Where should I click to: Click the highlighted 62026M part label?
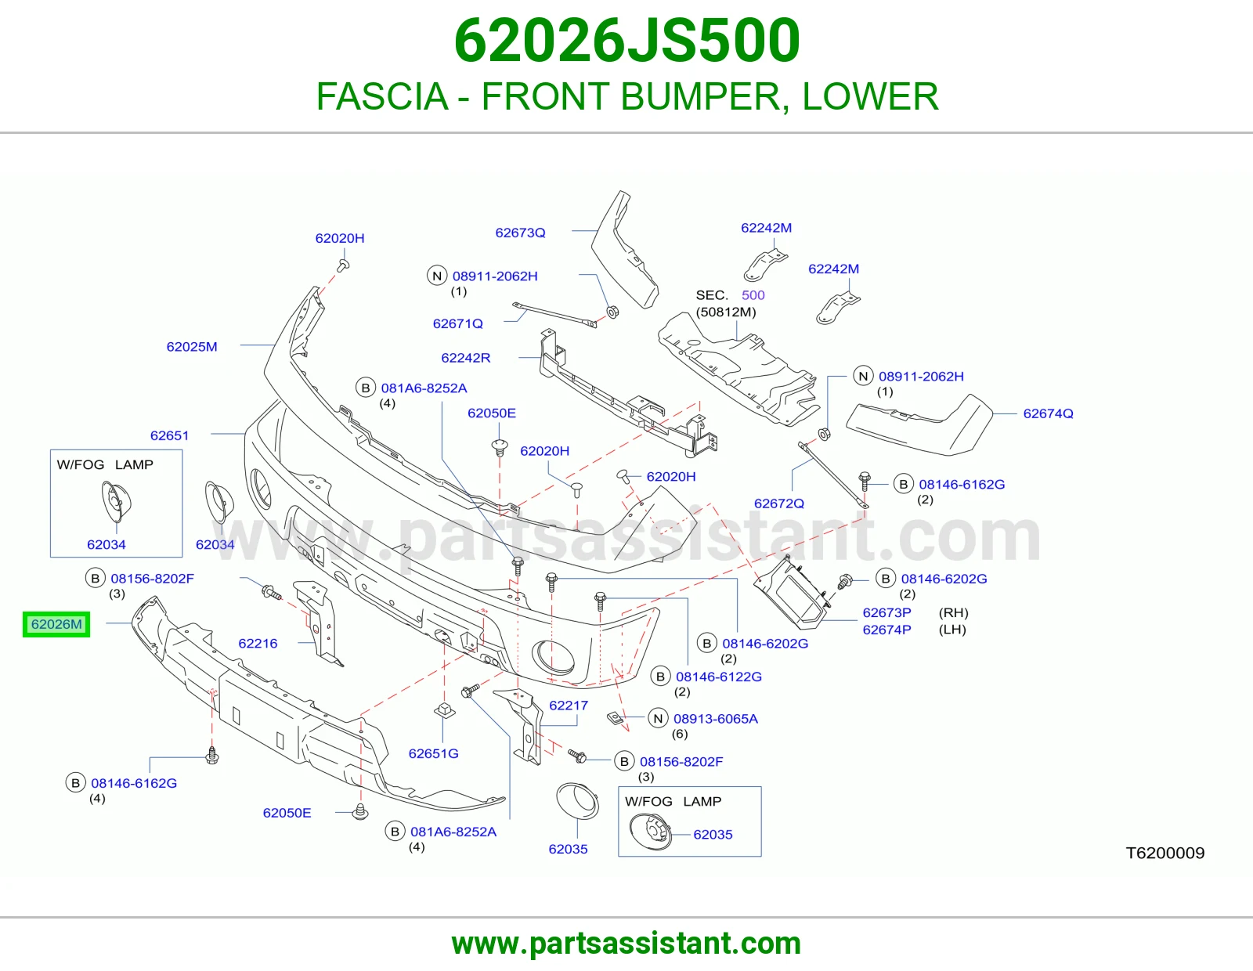click(56, 624)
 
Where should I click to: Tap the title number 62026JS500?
click(626, 41)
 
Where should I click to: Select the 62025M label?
click(192, 347)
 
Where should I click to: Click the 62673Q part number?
click(520, 233)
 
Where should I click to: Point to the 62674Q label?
click(1048, 413)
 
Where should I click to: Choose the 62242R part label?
click(465, 358)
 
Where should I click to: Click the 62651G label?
click(433, 753)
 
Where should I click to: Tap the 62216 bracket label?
click(258, 643)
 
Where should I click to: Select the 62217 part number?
click(568, 706)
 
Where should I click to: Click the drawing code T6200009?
click(1165, 853)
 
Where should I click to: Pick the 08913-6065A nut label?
click(716, 718)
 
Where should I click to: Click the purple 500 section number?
click(753, 294)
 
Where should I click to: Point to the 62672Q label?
click(778, 504)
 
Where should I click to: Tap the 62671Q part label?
click(458, 323)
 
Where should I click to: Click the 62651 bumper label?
click(169, 435)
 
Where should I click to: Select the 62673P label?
click(886, 612)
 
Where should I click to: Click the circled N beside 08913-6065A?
click(658, 718)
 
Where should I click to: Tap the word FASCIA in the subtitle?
click(382, 96)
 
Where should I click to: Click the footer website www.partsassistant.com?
click(626, 944)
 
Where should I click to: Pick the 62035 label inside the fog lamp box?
click(713, 834)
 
